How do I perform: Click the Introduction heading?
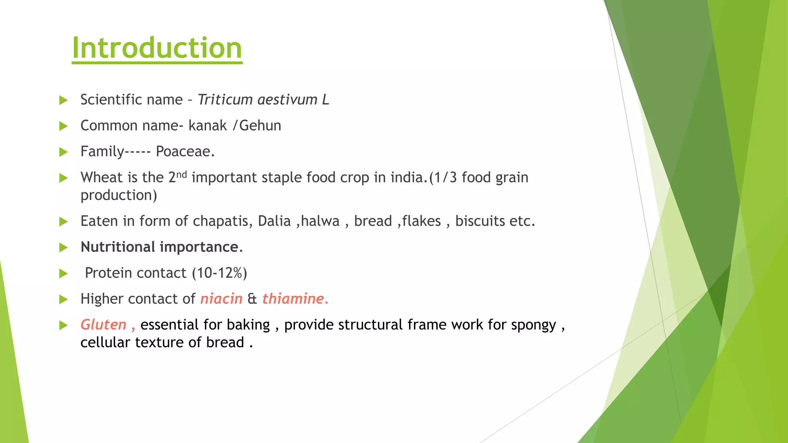(x=157, y=48)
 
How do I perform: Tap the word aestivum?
(x=287, y=100)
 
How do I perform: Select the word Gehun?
(x=260, y=126)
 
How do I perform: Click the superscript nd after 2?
(x=182, y=174)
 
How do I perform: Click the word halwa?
(x=320, y=221)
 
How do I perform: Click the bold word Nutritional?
(x=118, y=247)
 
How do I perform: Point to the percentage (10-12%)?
(x=219, y=273)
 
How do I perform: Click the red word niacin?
(x=221, y=299)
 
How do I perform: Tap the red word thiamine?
(x=293, y=299)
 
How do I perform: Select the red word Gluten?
(x=103, y=325)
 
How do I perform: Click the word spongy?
(x=533, y=325)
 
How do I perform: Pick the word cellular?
(x=105, y=342)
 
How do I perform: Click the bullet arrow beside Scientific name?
(x=63, y=100)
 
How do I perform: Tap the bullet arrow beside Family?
(x=63, y=152)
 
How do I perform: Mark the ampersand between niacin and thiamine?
(x=252, y=299)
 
